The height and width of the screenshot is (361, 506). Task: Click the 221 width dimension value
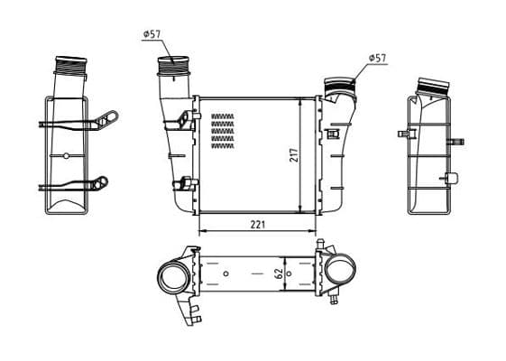258,225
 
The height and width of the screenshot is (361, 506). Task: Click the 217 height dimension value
295,155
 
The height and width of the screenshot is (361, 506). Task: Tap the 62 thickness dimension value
280,273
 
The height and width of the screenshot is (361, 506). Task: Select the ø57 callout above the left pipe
152,34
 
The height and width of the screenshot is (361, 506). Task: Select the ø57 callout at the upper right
377,58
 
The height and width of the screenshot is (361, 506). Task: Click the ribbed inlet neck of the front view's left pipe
173,66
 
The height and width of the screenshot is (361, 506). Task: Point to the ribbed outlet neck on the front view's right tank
340,85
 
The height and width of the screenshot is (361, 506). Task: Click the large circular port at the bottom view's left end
173,277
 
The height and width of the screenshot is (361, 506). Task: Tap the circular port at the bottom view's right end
340,270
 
